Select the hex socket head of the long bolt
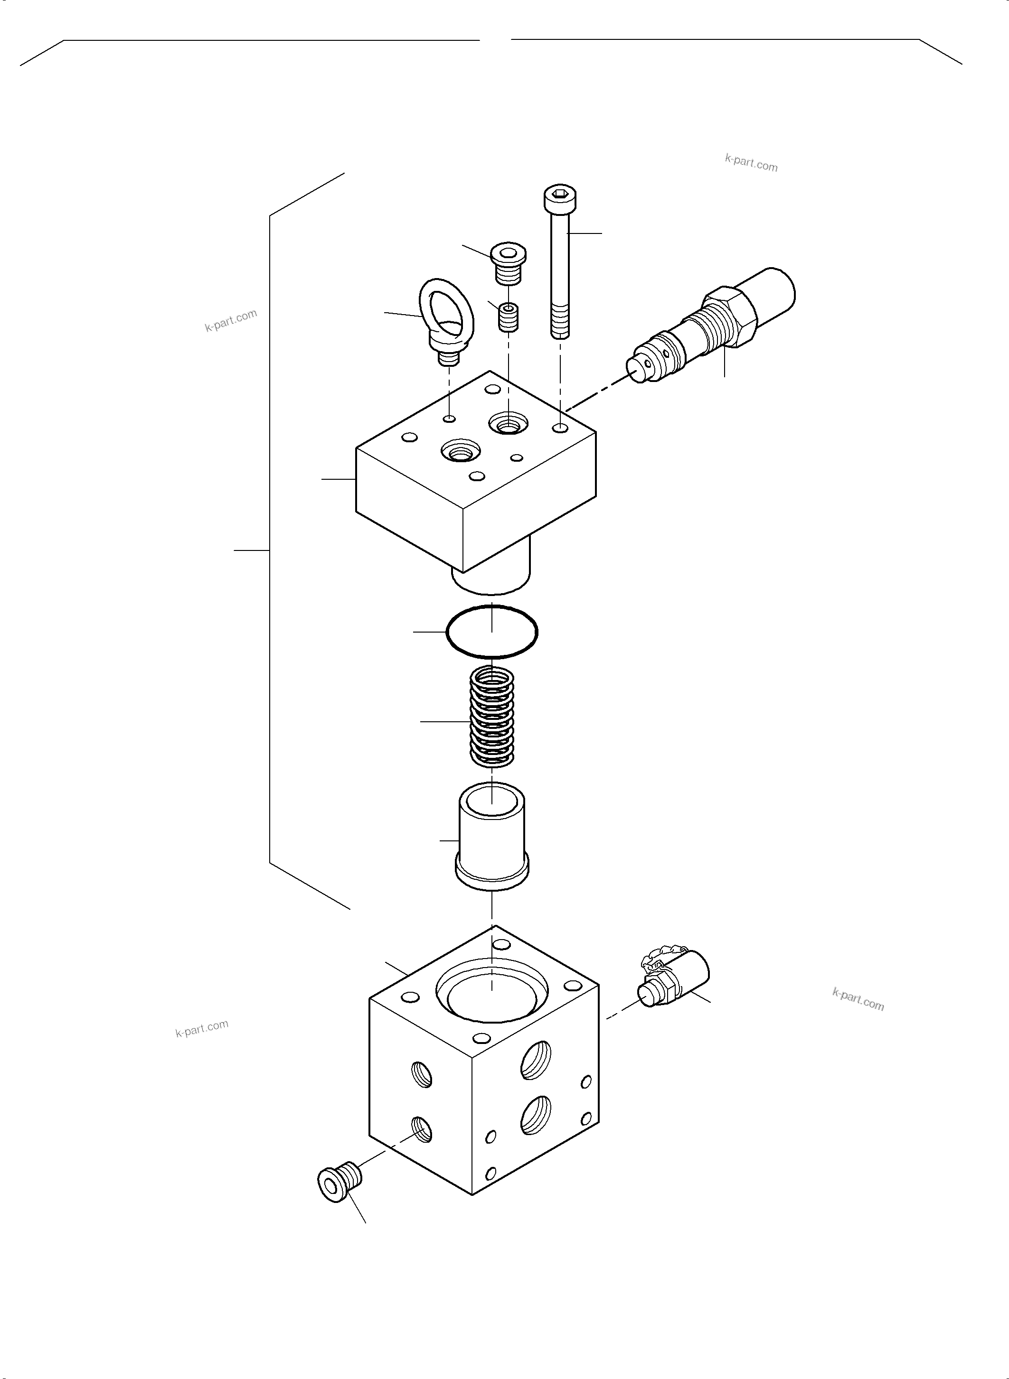560,196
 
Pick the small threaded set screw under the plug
508,317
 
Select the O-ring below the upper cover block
491,632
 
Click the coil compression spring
491,716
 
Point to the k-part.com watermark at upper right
751,163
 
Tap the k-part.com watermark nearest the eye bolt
231,320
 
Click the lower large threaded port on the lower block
536,1115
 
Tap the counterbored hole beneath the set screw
508,422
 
